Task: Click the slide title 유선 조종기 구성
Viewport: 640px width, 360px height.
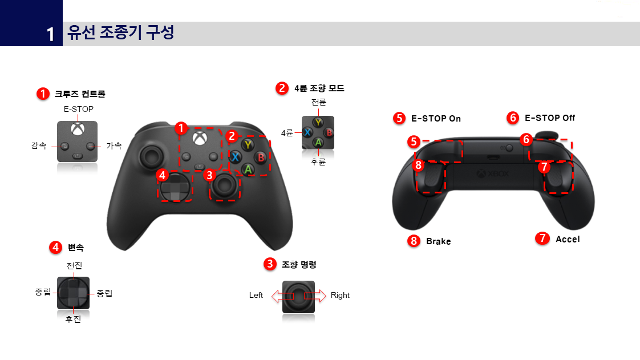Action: click(120, 33)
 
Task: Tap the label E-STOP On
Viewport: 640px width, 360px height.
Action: click(436, 119)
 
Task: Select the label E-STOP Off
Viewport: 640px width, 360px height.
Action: click(549, 118)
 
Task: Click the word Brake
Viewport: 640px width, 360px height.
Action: click(438, 241)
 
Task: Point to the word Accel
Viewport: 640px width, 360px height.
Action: click(568, 239)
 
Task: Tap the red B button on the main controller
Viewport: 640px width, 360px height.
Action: click(261, 157)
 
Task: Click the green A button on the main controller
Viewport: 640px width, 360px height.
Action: click(248, 169)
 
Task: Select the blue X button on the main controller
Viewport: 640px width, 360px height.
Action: click(234, 156)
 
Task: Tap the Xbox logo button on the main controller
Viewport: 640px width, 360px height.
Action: click(199, 137)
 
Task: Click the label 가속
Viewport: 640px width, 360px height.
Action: click(114, 145)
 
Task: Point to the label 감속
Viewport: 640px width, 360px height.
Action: click(39, 145)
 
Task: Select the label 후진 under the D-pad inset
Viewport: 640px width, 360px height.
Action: click(73, 319)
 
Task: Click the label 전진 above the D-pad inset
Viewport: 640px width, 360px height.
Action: click(74, 266)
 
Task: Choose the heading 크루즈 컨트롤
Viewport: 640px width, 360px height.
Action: click(80, 94)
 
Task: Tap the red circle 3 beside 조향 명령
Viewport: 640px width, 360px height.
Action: click(269, 264)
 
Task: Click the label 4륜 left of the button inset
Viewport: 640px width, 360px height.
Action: click(287, 132)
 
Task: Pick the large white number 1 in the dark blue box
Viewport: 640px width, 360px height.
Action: click(51, 35)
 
